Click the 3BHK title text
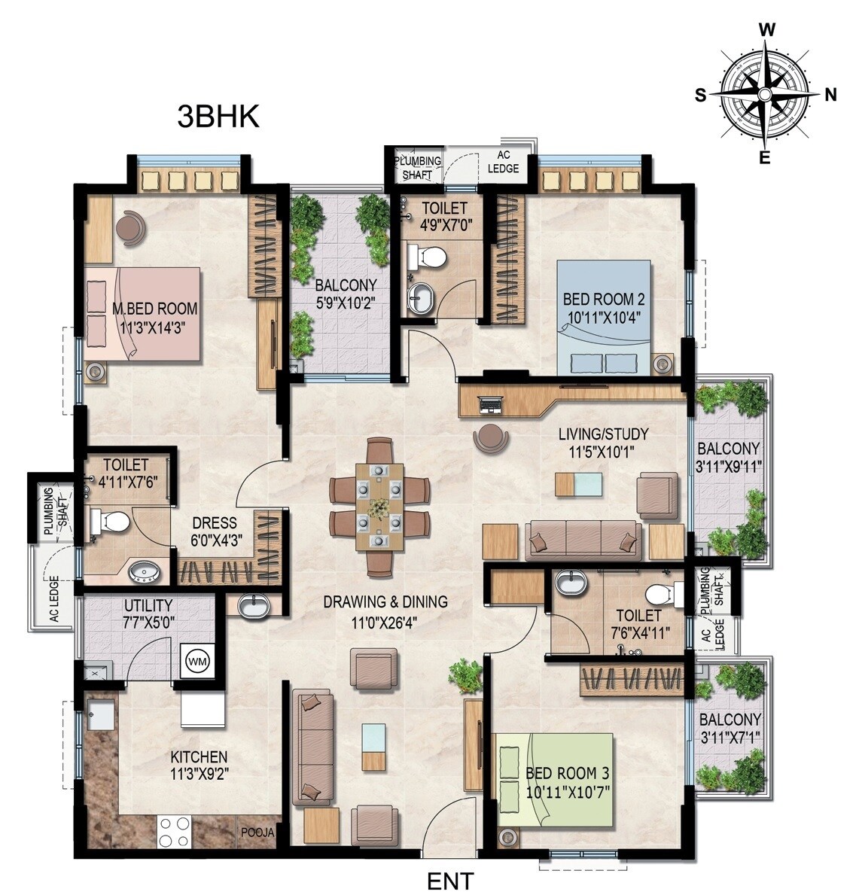point(218,117)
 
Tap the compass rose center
point(765,94)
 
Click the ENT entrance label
point(450,880)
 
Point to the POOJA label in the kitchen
point(257,833)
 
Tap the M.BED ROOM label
point(154,309)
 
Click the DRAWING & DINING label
point(385,601)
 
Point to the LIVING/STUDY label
point(603,434)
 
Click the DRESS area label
point(214,523)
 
